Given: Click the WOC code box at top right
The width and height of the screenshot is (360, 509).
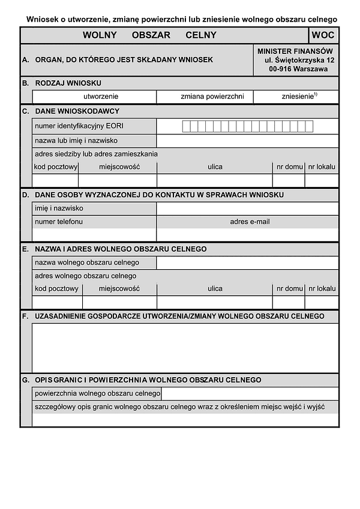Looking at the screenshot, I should coord(323,35).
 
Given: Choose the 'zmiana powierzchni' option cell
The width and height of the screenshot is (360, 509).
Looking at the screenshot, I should coord(205,97).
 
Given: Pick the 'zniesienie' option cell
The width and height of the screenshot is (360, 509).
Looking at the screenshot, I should coord(296,97).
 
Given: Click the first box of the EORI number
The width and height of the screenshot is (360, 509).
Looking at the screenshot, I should coord(186,127).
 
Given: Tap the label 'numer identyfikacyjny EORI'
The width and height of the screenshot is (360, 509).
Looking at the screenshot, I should coord(79,127).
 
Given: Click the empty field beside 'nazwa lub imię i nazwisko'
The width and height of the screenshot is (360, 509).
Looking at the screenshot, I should coord(247,141).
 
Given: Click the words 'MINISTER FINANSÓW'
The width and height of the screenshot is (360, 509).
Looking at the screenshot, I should coord(295,51).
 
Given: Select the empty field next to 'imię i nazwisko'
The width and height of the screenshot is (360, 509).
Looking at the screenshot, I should coord(247,209).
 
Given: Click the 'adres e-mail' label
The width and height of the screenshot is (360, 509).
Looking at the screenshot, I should coord(250,222).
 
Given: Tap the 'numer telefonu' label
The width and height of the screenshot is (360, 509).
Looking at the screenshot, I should coord(59,222).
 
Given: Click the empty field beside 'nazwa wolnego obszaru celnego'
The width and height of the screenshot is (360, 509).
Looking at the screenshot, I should coord(247,263).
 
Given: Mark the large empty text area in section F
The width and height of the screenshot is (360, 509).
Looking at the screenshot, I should coord(185,348).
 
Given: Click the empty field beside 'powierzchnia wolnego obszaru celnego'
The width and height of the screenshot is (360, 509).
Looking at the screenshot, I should coord(250,393).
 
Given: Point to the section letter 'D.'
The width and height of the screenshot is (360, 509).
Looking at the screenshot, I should coord(25,195).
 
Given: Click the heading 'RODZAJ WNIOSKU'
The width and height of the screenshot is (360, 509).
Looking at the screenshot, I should coord(68,83).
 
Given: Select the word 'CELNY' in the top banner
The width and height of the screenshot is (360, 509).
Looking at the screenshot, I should coord(201,35).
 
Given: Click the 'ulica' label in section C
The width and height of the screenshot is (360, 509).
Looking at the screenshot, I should coord(215,167).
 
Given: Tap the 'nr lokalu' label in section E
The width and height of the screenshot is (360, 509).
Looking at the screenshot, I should coord(322,288).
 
